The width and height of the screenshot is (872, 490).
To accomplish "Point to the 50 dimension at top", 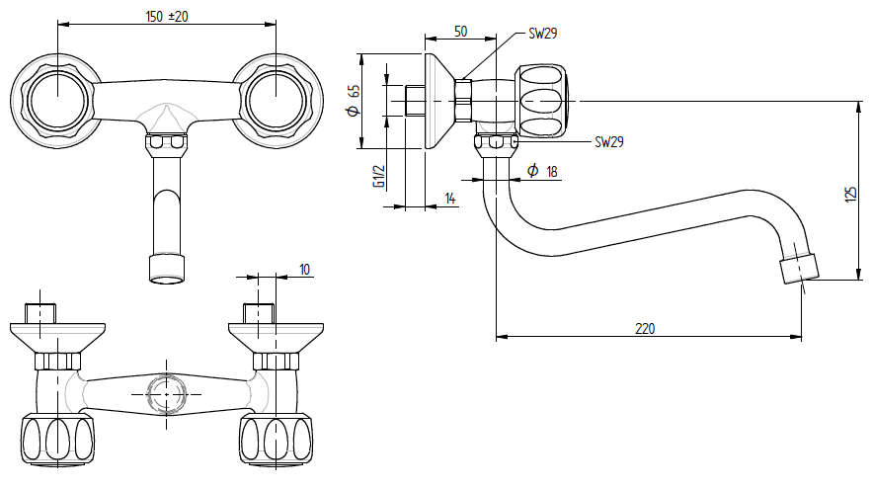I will pos(460,32).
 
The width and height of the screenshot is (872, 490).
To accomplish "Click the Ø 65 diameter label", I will pos(354,101).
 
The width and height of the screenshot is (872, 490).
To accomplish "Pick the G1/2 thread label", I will pos(377,175).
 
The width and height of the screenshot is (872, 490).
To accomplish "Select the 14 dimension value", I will pos(450,199).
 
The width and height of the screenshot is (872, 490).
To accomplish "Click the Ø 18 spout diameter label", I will pos(542,172).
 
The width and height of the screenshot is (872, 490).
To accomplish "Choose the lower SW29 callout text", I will pos(608,141).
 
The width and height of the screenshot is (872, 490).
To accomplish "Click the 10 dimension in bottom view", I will pos(303,269).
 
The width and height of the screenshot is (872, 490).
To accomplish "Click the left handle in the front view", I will pos(58,101).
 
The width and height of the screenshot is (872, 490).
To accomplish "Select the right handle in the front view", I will pos(275,101).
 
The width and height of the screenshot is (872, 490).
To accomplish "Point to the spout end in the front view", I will pos(166,269).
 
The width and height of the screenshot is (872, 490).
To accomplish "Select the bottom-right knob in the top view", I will pos(275,439).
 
